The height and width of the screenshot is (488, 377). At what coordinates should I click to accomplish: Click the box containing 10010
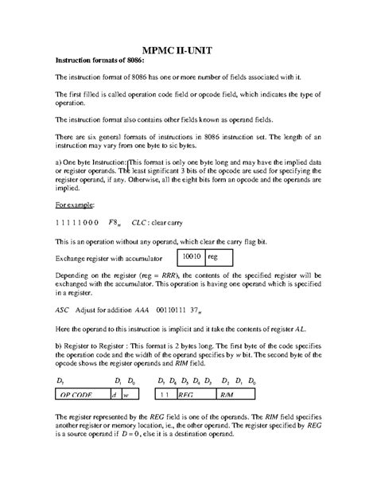point(190,257)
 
